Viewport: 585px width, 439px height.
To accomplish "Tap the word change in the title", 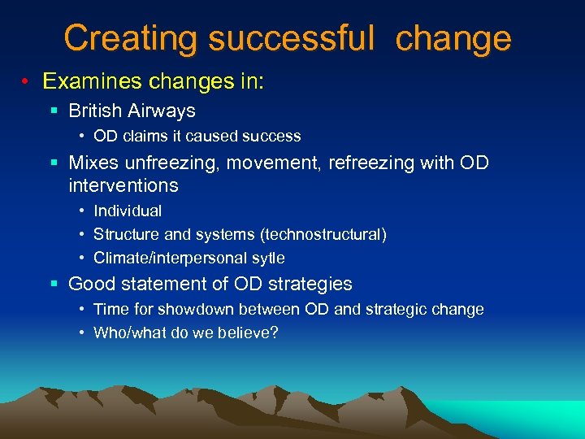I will [x=453, y=38].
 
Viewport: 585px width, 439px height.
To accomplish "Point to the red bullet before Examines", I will [x=27, y=82].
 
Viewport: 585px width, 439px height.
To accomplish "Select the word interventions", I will [x=123, y=185].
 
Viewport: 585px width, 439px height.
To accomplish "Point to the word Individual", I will [x=128, y=211].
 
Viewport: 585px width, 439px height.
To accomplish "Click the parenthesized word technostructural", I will [x=323, y=234].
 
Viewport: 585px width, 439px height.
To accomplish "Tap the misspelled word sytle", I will [x=268, y=258].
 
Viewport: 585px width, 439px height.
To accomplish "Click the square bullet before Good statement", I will [x=54, y=284].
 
